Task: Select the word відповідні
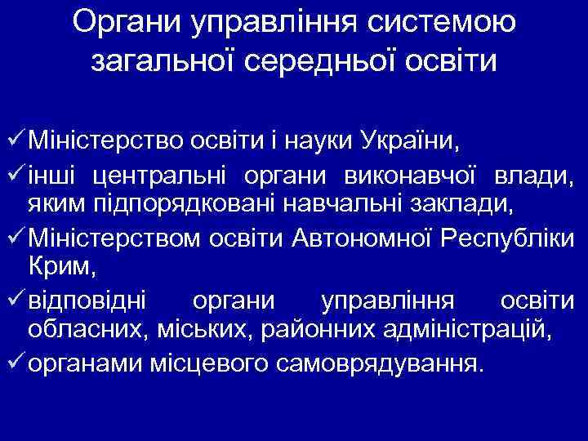tap(87, 300)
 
